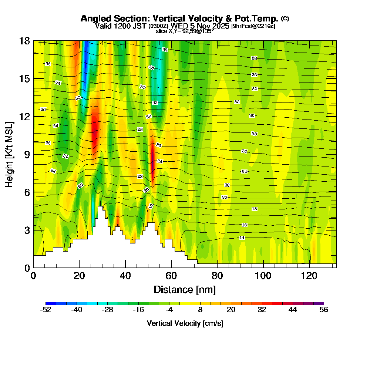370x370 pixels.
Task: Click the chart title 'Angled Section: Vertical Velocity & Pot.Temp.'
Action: click(x=179, y=18)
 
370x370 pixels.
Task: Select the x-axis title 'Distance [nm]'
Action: click(x=185, y=289)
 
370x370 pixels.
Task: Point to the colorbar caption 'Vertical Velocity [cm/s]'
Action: click(x=185, y=323)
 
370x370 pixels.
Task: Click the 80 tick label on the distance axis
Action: click(x=217, y=276)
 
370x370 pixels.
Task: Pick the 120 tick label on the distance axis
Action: click(x=309, y=276)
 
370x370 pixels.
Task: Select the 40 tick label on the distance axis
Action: click(x=125, y=276)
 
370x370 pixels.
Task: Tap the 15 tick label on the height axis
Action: click(x=24, y=78)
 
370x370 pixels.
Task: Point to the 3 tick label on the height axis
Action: click(x=27, y=230)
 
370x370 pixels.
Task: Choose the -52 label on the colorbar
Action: click(x=46, y=310)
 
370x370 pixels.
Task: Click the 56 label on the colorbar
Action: click(x=324, y=310)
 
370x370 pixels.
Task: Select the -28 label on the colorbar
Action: click(x=107, y=310)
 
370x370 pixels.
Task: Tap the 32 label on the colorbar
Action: click(x=262, y=310)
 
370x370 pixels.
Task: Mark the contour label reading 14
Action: click(x=242, y=238)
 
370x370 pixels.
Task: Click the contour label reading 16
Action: click(x=244, y=225)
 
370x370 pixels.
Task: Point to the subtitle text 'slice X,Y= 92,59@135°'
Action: click(x=185, y=31)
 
